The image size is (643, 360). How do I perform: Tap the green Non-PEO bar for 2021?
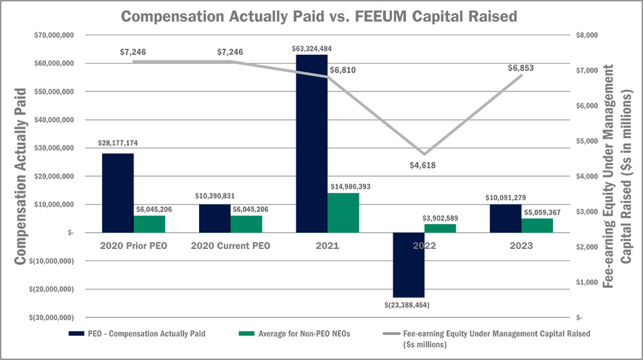pyautogui.click(x=343, y=212)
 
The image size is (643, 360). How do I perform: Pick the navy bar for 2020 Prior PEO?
pyautogui.click(x=118, y=193)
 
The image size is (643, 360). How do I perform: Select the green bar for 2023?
pyautogui.click(x=537, y=225)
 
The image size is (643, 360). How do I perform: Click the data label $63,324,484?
pyautogui.click(x=312, y=49)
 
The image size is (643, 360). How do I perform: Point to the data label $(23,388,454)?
pyautogui.click(x=409, y=305)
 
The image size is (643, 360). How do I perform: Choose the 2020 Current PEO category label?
pyautogui.click(x=230, y=246)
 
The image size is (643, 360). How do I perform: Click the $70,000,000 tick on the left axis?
pyautogui.click(x=52, y=35)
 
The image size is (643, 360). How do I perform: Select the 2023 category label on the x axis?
pyautogui.click(x=521, y=246)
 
